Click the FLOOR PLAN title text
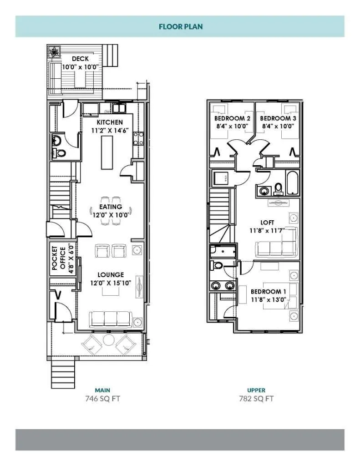181,26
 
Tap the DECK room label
80,59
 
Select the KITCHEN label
110,122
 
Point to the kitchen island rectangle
107,152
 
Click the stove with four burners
138,139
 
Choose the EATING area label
111,207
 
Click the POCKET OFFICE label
59,258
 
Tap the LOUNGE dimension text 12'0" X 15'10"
111,283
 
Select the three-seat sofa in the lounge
110,319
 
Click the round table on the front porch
108,340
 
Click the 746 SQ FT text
102,399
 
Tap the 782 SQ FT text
256,399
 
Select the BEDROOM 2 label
232,118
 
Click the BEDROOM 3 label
278,118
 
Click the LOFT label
267,223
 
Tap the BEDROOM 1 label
269,292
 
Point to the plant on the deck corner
54,52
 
